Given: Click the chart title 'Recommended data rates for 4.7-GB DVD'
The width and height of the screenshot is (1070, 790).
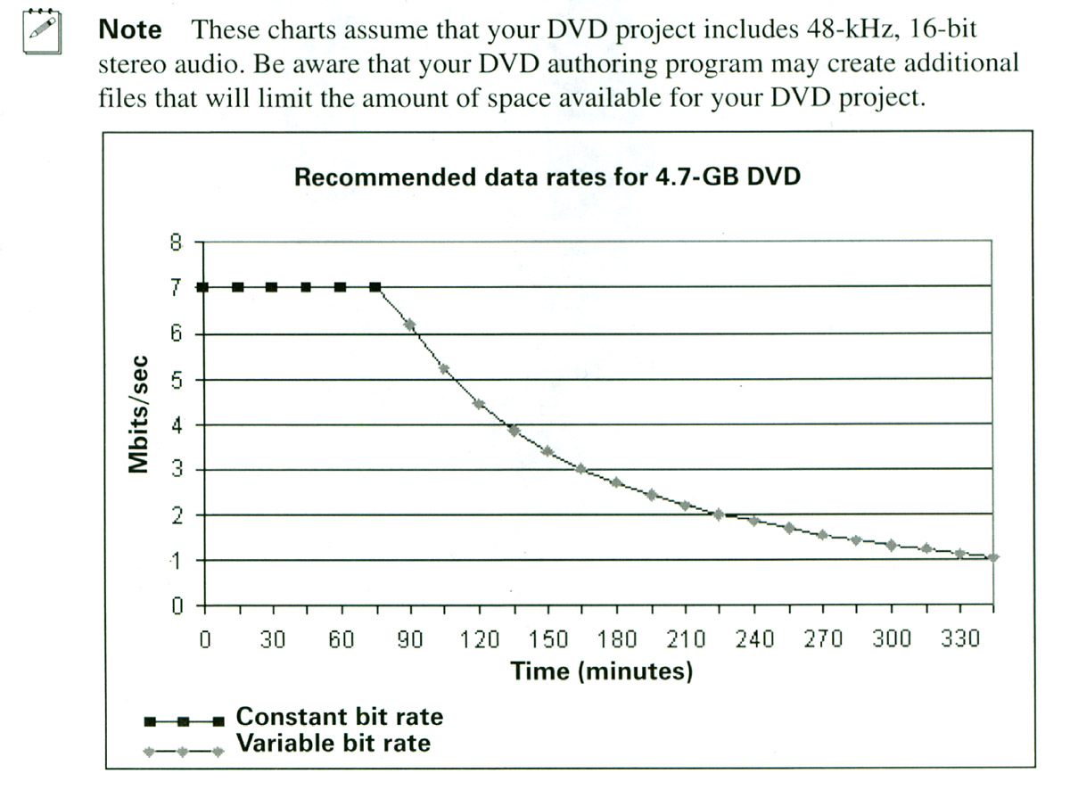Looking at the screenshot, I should (x=547, y=177).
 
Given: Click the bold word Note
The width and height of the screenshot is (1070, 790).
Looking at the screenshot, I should (x=130, y=29).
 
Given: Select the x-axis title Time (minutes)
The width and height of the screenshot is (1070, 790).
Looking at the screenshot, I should (x=601, y=671).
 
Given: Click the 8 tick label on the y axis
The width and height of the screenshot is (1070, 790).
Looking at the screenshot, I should (x=176, y=243).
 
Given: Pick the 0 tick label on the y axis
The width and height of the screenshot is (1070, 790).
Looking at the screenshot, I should (x=177, y=606).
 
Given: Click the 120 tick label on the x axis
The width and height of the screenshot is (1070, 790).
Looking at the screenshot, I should (x=479, y=639).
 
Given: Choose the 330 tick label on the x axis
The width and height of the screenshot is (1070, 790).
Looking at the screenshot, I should (x=959, y=639).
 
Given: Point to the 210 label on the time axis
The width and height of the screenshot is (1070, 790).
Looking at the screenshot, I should (x=685, y=639).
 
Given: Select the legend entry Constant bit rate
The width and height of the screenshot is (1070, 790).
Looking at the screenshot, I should (x=339, y=716).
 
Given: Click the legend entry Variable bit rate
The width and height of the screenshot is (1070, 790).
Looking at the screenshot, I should (x=333, y=743).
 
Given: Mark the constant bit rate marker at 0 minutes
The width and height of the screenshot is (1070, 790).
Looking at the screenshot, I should (x=203, y=287).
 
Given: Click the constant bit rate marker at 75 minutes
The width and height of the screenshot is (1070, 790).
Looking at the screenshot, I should (x=375, y=287).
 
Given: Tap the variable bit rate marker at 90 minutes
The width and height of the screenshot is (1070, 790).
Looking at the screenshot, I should (x=410, y=325).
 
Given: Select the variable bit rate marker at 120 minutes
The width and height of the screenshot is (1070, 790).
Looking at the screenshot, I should (x=479, y=404).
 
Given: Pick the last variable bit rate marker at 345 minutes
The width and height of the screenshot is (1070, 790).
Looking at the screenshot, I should (x=993, y=557).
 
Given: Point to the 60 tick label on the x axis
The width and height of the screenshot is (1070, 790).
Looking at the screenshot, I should (x=342, y=639).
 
